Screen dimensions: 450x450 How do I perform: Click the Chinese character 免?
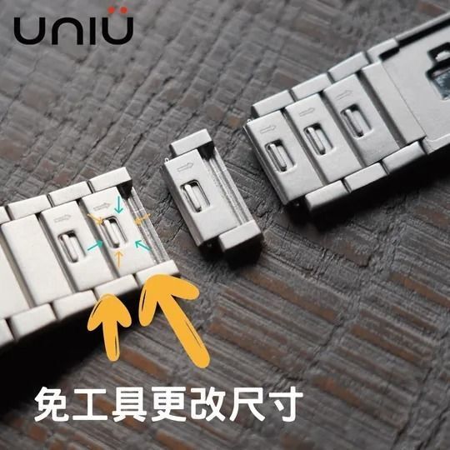(x=52, y=404)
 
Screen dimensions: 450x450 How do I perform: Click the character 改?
(x=207, y=404)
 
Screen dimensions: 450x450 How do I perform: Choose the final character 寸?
(x=285, y=404)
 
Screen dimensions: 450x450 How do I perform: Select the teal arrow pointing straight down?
(x=119, y=204)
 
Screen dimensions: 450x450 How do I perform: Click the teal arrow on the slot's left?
(x=95, y=246)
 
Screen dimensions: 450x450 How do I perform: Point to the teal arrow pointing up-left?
(x=143, y=245)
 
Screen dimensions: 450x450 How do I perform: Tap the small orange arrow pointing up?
(x=119, y=257)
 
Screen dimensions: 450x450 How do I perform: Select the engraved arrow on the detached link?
(x=185, y=167)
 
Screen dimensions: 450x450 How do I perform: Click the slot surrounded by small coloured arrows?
(x=113, y=232)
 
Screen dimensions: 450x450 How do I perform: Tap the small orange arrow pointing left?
(x=142, y=219)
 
